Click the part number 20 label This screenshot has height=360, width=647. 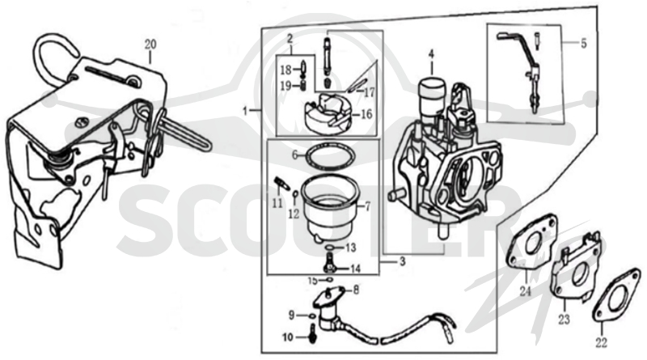150,44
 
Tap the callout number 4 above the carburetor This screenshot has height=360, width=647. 431,53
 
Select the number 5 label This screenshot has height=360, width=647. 583,43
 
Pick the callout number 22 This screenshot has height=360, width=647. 601,342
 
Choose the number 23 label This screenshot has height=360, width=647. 564,319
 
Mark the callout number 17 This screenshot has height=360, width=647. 369,92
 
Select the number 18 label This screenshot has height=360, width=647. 285,70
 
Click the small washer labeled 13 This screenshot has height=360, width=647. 330,247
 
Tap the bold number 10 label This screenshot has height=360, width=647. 288,337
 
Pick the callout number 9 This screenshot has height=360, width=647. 291,316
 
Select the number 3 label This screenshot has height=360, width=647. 402,261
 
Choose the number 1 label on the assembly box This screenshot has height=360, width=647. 245,111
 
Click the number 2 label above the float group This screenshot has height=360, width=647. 290,39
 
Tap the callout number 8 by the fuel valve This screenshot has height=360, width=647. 356,290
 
